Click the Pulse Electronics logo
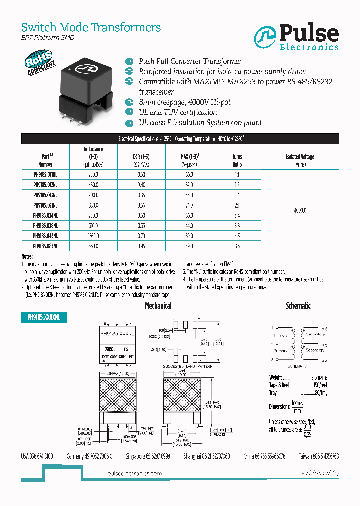click(297, 38)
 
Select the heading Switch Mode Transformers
click(91, 27)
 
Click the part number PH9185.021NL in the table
click(45, 205)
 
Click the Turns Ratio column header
click(237, 160)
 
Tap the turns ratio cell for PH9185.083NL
click(237, 246)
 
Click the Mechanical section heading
click(158, 306)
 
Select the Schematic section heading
click(298, 305)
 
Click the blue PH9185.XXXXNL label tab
click(44, 317)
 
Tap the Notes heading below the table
click(28, 256)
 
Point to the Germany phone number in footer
click(89, 456)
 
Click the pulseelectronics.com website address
click(135, 473)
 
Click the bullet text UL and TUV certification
click(177, 112)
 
